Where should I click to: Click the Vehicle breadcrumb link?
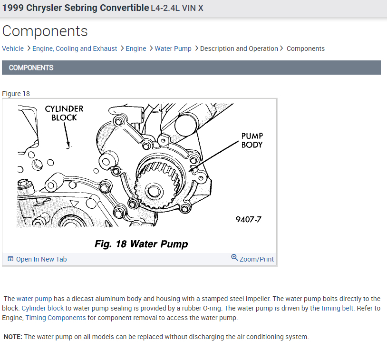(13, 49)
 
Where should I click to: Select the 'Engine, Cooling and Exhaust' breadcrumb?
(75, 49)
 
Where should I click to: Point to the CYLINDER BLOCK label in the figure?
(64, 113)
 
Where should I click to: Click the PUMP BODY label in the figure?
(252, 140)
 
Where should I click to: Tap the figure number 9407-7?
(248, 219)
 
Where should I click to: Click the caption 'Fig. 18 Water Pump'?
(141, 244)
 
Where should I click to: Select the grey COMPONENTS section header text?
(31, 68)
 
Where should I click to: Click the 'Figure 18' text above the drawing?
(16, 94)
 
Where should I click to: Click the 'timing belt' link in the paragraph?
(337, 308)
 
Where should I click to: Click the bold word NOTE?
(13, 337)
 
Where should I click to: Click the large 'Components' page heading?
(45, 31)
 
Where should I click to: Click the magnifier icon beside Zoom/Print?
(234, 258)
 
